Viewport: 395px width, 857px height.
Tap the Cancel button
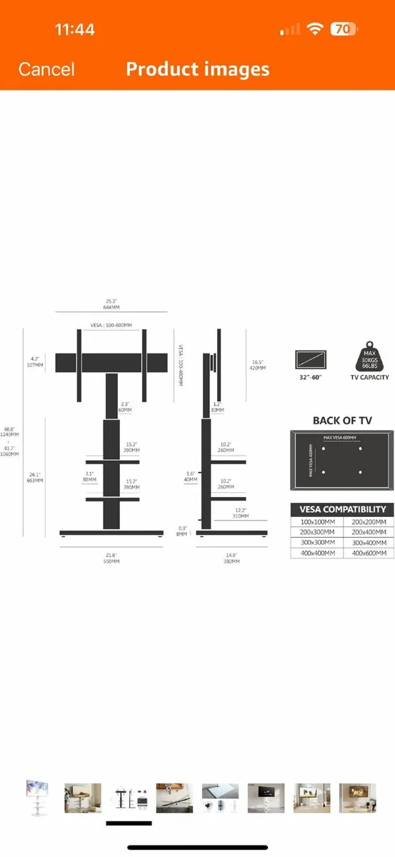click(x=46, y=69)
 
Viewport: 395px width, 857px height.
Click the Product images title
click(x=198, y=69)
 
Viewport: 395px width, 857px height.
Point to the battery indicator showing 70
click(x=343, y=29)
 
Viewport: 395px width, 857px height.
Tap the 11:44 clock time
click(x=75, y=30)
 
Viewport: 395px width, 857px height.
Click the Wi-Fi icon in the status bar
click(x=314, y=29)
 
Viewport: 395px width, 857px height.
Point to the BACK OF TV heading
click(x=342, y=421)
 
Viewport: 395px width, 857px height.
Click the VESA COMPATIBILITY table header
click(x=342, y=509)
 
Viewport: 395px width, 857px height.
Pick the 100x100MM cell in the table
click(x=316, y=522)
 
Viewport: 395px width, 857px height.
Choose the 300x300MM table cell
click(x=316, y=543)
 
